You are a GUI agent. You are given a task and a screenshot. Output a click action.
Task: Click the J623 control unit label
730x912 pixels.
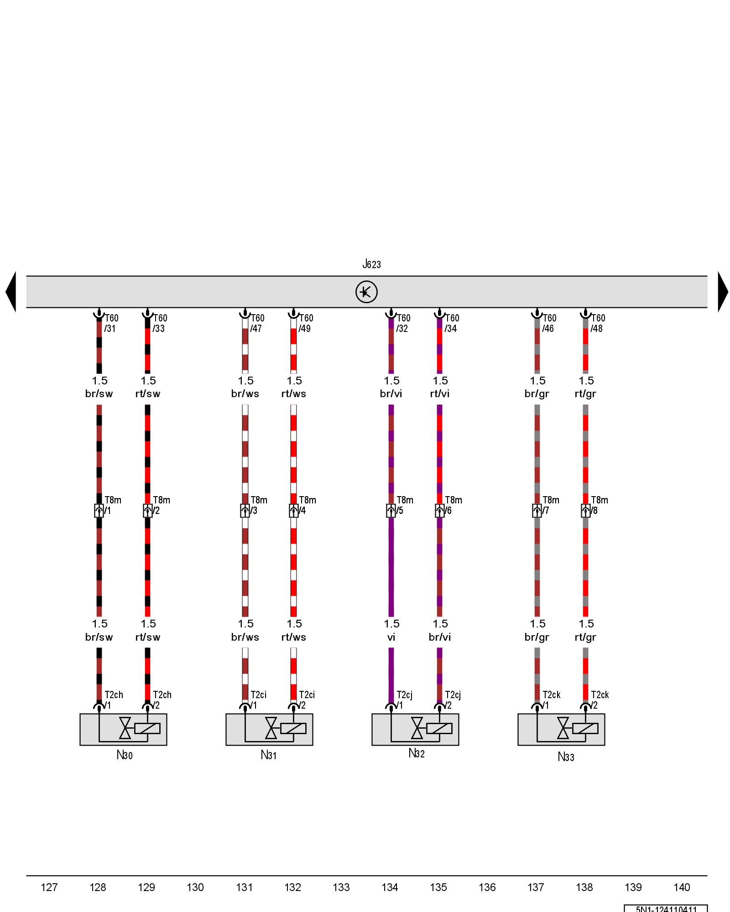pyautogui.click(x=371, y=264)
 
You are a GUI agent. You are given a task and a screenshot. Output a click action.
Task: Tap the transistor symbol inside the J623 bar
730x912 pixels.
pyautogui.click(x=366, y=292)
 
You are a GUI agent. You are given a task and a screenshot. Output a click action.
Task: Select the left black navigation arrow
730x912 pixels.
pyautogui.click(x=11, y=292)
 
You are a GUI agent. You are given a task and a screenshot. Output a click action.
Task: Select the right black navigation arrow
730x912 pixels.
pyautogui.click(x=723, y=292)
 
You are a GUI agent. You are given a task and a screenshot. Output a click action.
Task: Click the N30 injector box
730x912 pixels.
pyautogui.click(x=123, y=729)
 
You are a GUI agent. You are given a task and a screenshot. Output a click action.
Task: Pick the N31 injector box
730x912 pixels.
pyautogui.click(x=269, y=729)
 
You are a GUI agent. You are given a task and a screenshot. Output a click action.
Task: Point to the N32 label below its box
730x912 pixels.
pyautogui.click(x=416, y=753)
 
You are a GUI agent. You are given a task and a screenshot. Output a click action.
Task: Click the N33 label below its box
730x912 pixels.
pyautogui.click(x=566, y=757)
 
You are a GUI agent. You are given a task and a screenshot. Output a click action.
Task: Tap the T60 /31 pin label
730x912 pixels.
pyautogui.click(x=111, y=323)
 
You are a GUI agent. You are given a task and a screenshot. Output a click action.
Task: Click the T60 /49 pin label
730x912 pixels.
pyautogui.click(x=306, y=323)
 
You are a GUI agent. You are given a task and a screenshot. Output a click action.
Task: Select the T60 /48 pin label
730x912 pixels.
pyautogui.click(x=598, y=323)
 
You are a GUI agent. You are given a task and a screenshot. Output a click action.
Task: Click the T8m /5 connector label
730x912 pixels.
pyautogui.click(x=404, y=505)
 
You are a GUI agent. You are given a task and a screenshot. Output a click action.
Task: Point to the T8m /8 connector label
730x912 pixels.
pyautogui.click(x=599, y=505)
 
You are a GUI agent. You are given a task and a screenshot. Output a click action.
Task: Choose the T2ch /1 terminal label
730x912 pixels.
pyautogui.click(x=113, y=700)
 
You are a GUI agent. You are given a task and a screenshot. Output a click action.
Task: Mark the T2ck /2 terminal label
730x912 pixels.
pyautogui.click(x=600, y=700)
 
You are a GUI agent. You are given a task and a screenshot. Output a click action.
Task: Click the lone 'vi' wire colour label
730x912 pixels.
pyautogui.click(x=391, y=637)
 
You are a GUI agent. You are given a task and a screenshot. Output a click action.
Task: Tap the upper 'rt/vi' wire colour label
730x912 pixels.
pyautogui.click(x=440, y=394)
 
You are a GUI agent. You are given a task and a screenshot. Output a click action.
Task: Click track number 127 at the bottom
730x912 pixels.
pyautogui.click(x=49, y=887)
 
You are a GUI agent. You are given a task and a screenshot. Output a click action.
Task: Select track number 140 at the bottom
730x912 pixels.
pyautogui.click(x=682, y=887)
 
